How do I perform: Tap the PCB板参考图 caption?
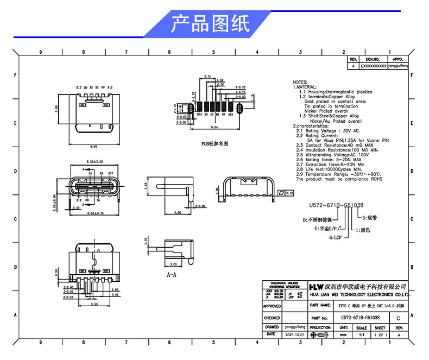click(x=214, y=144)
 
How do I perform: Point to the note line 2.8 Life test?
click(x=328, y=170)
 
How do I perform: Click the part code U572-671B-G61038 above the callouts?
click(x=336, y=205)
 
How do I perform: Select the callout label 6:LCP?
click(x=336, y=237)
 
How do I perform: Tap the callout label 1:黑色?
click(x=363, y=230)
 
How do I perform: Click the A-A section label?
click(x=172, y=275)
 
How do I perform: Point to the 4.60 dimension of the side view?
click(x=177, y=213)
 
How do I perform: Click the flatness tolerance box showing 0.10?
click(x=286, y=193)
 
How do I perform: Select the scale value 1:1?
click(x=361, y=335)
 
